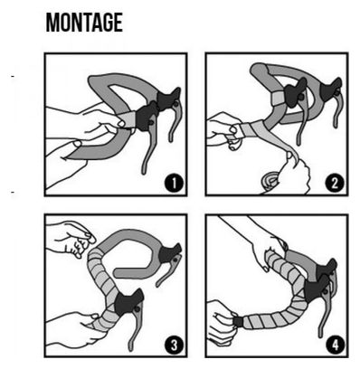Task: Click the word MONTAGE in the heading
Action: click(84, 23)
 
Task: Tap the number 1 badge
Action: click(174, 183)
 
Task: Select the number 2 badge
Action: click(335, 183)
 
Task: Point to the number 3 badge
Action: click(174, 345)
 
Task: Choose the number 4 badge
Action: click(335, 344)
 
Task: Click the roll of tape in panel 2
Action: click(270, 180)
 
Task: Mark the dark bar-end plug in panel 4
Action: click(238, 321)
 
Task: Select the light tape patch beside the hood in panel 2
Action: click(279, 99)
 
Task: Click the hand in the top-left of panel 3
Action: click(69, 239)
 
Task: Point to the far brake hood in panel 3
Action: click(171, 252)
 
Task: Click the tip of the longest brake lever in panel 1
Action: click(144, 173)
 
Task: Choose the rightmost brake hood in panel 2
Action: click(330, 90)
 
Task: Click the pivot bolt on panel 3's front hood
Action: click(137, 308)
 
